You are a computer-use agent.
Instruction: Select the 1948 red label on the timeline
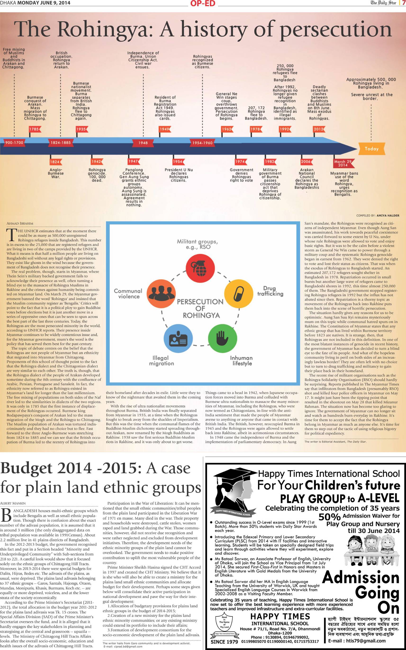click(143, 143)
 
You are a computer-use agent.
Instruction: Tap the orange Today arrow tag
click(371, 149)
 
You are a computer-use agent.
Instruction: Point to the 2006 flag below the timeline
click(306, 161)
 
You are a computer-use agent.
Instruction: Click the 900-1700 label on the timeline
click(14, 142)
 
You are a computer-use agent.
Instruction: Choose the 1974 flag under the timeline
click(240, 161)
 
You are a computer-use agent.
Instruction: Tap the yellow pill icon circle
click(239, 294)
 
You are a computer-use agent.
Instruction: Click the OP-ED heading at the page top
click(203, 3)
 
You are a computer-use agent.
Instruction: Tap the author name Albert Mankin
click(13, 503)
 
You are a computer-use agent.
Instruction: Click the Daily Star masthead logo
click(383, 3)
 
